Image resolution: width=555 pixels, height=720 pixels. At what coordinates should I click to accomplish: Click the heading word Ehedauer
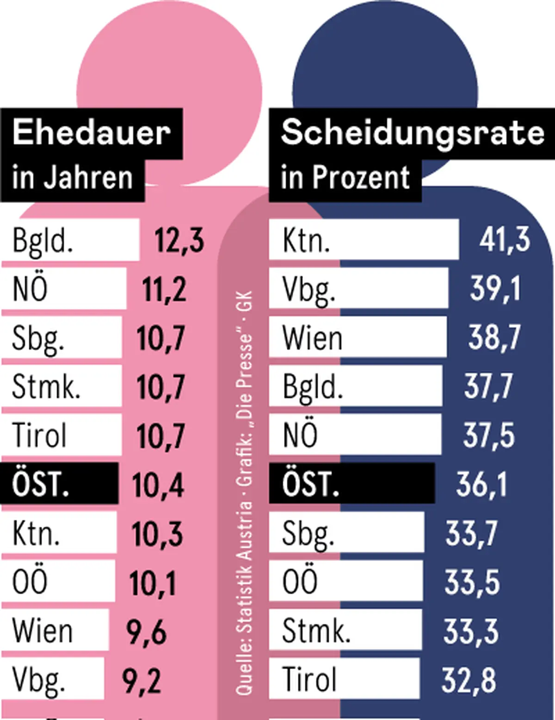click(x=92, y=133)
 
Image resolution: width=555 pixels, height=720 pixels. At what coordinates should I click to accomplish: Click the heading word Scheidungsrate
click(x=412, y=133)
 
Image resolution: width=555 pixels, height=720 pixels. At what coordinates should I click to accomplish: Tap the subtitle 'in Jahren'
click(x=73, y=178)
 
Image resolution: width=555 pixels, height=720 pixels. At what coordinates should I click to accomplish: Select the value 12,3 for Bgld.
click(x=179, y=240)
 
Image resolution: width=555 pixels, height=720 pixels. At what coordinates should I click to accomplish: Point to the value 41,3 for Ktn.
click(x=504, y=240)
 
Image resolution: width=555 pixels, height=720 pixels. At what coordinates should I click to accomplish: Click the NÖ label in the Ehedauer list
click(x=31, y=289)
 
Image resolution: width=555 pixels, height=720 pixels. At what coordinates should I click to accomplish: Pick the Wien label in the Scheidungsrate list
click(x=312, y=338)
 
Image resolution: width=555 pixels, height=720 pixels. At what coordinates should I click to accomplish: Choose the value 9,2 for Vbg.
click(x=142, y=680)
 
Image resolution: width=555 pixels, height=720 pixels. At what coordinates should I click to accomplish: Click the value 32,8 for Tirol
click(x=469, y=680)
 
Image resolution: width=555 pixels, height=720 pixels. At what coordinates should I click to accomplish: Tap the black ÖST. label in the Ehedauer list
click(x=41, y=484)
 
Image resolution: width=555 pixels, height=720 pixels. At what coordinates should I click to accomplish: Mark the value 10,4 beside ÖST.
click(x=158, y=485)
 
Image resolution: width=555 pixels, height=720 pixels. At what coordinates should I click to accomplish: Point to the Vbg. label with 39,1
click(x=308, y=289)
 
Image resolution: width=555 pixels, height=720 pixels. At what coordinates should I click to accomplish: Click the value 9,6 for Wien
click(x=146, y=632)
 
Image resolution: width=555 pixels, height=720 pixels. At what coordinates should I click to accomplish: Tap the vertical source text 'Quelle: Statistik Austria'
click(x=244, y=597)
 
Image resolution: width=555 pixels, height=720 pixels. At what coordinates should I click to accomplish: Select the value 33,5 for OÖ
click(x=472, y=582)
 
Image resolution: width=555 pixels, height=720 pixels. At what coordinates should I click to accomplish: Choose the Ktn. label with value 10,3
click(x=36, y=534)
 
